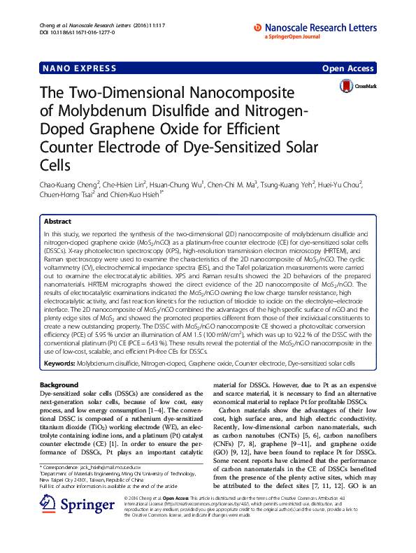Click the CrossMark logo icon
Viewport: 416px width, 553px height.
pyautogui.click(x=346, y=86)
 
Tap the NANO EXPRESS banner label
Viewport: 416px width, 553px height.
pyautogui.click(x=70, y=68)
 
